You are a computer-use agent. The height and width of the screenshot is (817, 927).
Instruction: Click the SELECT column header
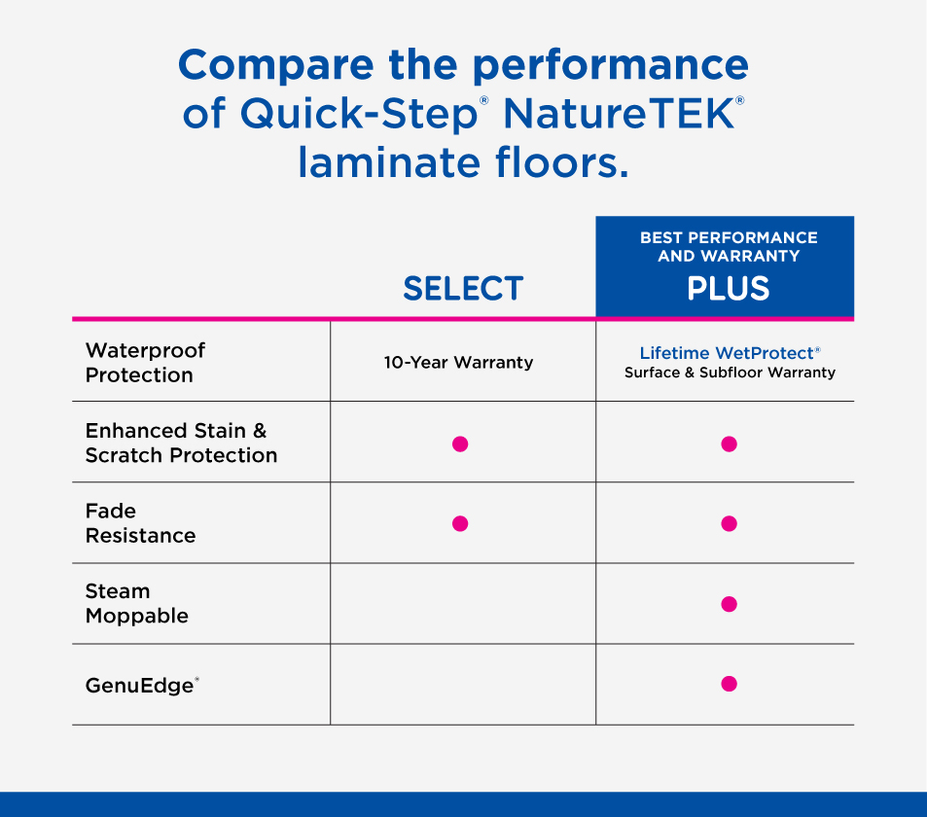coord(463,289)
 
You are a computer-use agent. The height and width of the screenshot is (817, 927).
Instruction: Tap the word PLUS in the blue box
coord(728,289)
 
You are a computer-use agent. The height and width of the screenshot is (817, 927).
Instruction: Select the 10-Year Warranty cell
coord(458,362)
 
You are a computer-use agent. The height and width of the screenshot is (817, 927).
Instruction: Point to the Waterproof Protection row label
coord(145,363)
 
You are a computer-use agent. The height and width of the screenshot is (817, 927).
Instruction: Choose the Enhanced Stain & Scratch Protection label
coord(181,443)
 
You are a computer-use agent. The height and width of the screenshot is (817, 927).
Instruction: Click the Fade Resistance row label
coord(140,523)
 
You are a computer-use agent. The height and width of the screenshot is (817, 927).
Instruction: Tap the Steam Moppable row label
coord(136,603)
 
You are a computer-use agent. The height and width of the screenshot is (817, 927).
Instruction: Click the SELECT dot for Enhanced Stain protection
coord(460,444)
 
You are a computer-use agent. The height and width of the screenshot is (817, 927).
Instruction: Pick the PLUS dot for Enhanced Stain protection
coord(729,444)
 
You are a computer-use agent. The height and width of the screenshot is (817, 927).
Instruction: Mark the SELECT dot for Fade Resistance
coord(460,524)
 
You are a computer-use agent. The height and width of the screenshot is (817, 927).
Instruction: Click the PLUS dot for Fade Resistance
coord(729,524)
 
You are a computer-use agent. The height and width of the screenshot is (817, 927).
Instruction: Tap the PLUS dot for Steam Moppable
coord(729,604)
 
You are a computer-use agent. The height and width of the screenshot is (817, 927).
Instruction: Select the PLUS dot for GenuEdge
coord(729,684)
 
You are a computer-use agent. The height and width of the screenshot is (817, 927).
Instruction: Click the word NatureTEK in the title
coord(619,113)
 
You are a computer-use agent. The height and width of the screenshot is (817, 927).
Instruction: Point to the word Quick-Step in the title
coord(359,114)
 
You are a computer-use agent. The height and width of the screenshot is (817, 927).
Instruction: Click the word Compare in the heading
coord(276,65)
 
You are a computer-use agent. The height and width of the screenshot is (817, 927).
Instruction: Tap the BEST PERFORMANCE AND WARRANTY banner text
coord(729,246)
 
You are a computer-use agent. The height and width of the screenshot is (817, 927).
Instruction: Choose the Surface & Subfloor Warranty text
coord(730,373)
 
